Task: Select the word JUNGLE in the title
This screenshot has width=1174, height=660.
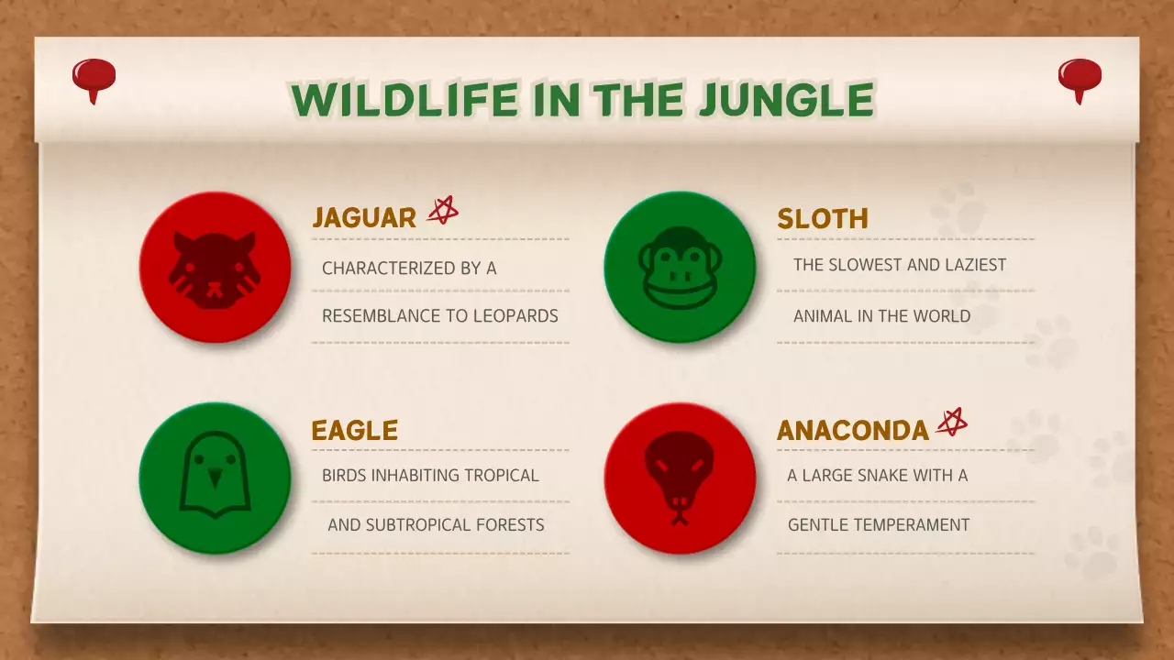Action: click(785, 100)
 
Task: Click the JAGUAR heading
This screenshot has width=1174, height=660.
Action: click(364, 217)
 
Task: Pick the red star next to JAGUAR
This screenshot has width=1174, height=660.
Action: click(442, 211)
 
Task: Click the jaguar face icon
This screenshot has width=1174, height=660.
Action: click(215, 269)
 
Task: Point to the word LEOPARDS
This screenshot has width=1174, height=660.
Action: click(515, 316)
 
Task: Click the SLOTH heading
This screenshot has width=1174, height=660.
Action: click(822, 219)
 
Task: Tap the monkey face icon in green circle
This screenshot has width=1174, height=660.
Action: click(680, 268)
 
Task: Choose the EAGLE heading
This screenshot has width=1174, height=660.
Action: click(354, 430)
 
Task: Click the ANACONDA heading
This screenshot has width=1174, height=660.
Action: click(852, 430)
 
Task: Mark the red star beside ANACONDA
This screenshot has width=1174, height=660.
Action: click(951, 423)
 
